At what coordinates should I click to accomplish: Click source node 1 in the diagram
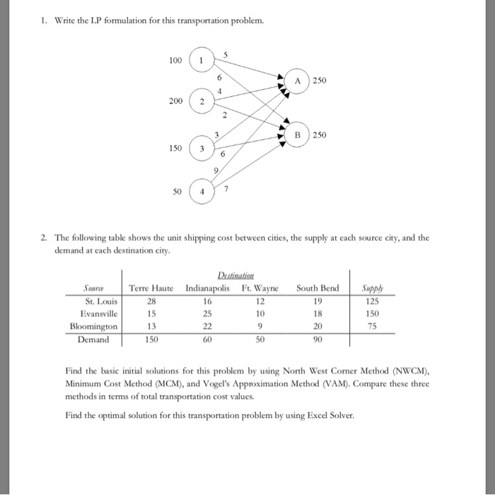pos(202,60)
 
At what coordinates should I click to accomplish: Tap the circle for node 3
pos(202,149)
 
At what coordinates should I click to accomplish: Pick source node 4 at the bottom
pos(202,191)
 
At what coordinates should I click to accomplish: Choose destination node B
pos(298,135)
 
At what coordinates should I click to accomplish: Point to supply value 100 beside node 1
pos(176,60)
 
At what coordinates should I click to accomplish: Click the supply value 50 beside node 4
pos(178,191)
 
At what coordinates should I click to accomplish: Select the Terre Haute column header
pos(151,288)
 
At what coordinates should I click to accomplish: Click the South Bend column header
pos(318,288)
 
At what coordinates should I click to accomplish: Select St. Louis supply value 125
pos(371,301)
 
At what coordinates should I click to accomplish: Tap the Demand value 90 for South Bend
pos(318,340)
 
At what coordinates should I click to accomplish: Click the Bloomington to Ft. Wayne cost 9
pos(261,326)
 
